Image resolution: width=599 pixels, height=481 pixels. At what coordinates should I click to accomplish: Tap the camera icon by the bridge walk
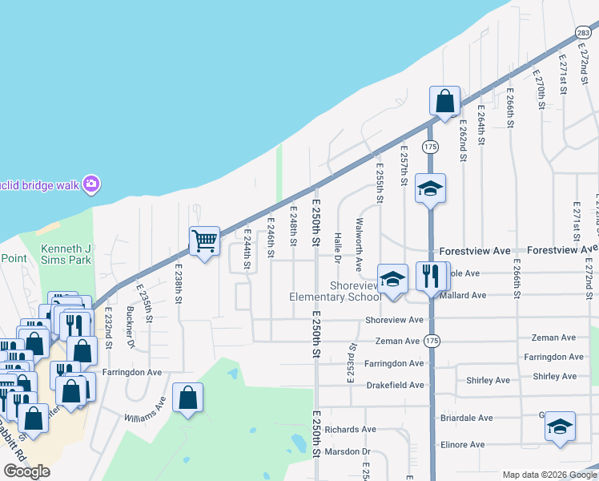[x=91, y=184]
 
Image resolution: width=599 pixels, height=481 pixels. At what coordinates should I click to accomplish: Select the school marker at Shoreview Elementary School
[x=392, y=280]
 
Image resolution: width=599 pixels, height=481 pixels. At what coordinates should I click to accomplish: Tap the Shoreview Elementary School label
[x=335, y=291]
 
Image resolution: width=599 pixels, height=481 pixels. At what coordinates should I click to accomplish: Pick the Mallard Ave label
[x=463, y=295]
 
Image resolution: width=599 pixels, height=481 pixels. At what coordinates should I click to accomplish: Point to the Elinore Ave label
[x=462, y=444]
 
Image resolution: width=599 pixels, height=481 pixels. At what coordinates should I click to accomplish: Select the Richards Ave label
[x=351, y=430]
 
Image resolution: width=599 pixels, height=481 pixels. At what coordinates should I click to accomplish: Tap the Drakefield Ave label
[x=395, y=385]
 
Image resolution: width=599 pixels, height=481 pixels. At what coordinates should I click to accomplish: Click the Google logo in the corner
[x=26, y=471]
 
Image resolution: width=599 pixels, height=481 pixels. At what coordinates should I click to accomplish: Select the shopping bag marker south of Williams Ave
[x=187, y=398]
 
